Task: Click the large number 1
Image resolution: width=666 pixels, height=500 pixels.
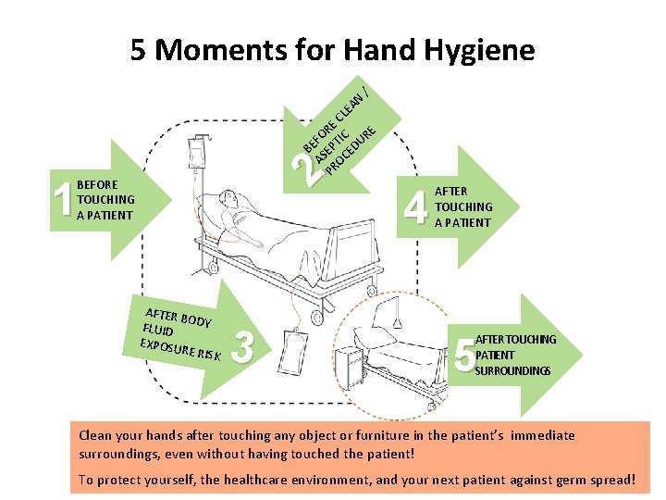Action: coord(63,201)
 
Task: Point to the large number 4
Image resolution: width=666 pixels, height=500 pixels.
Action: coord(417,206)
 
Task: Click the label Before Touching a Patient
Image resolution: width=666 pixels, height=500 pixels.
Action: coord(105,200)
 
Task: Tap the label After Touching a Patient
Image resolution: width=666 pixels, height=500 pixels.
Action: coord(462,206)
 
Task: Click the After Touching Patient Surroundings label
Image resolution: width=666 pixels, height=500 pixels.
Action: coord(514,355)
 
